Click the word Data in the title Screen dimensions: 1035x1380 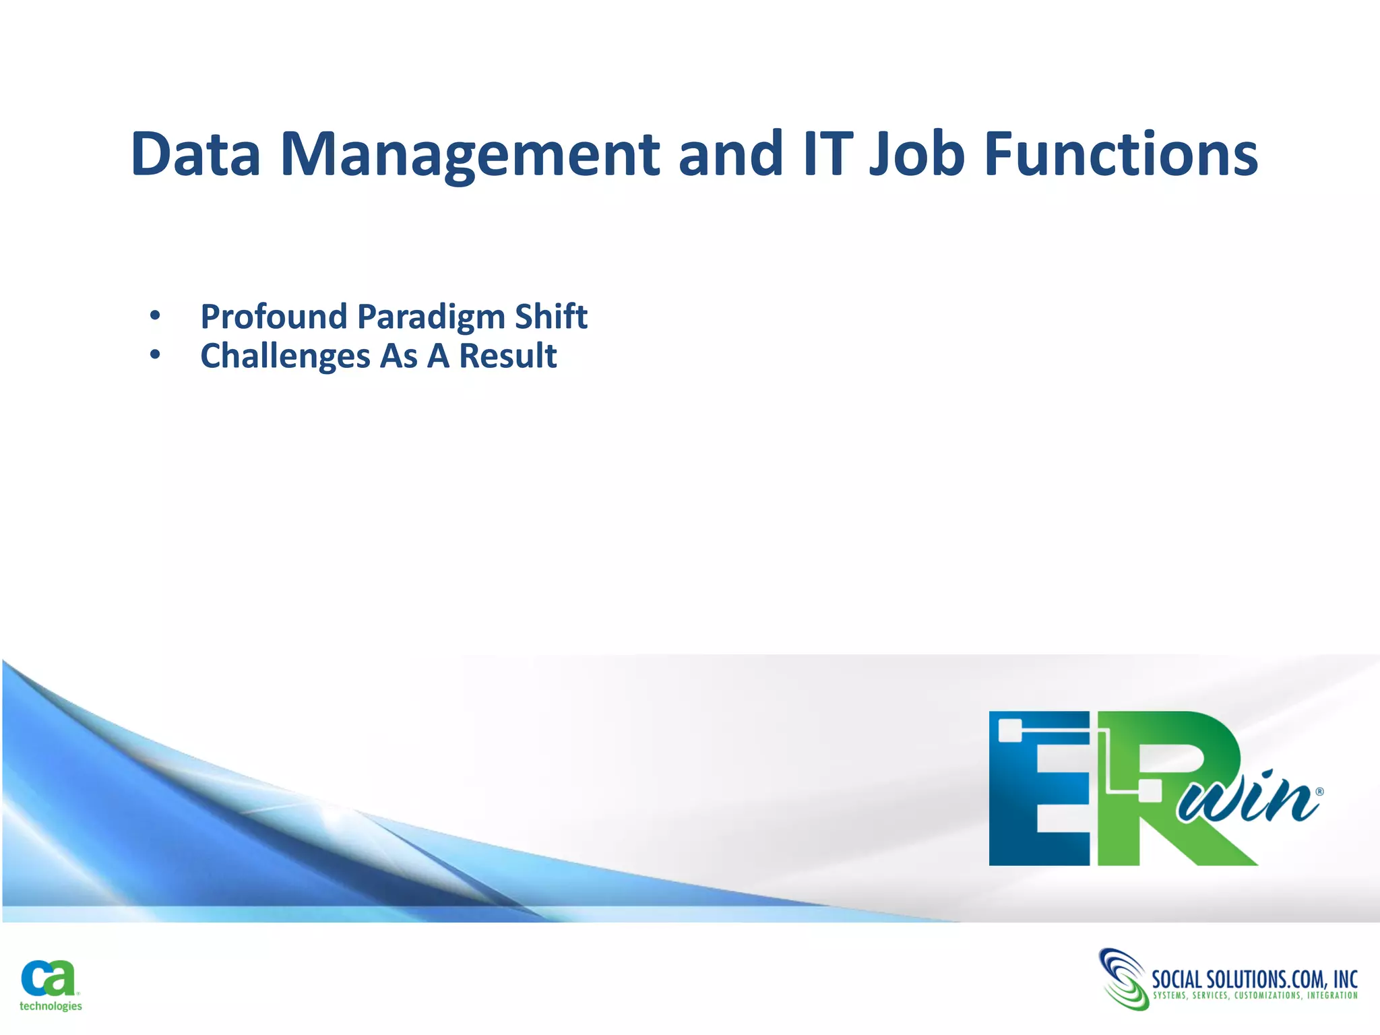click(x=195, y=155)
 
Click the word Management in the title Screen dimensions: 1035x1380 click(x=470, y=155)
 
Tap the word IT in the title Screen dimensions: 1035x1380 click(x=827, y=155)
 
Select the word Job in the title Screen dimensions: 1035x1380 click(x=917, y=155)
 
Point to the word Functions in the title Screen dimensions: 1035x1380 click(x=1121, y=155)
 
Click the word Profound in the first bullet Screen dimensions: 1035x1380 click(x=274, y=317)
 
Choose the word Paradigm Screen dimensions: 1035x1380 click(x=431, y=317)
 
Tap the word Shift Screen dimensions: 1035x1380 click(x=551, y=317)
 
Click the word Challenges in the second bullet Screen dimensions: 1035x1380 click(x=285, y=356)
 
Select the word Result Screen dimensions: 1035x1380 click(x=507, y=356)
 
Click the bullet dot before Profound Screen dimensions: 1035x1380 click(x=155, y=315)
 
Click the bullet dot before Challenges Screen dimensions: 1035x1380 click(x=155, y=354)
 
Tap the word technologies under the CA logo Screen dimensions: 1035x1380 click(x=51, y=1006)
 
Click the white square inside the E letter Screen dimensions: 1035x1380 click(x=1009, y=730)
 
